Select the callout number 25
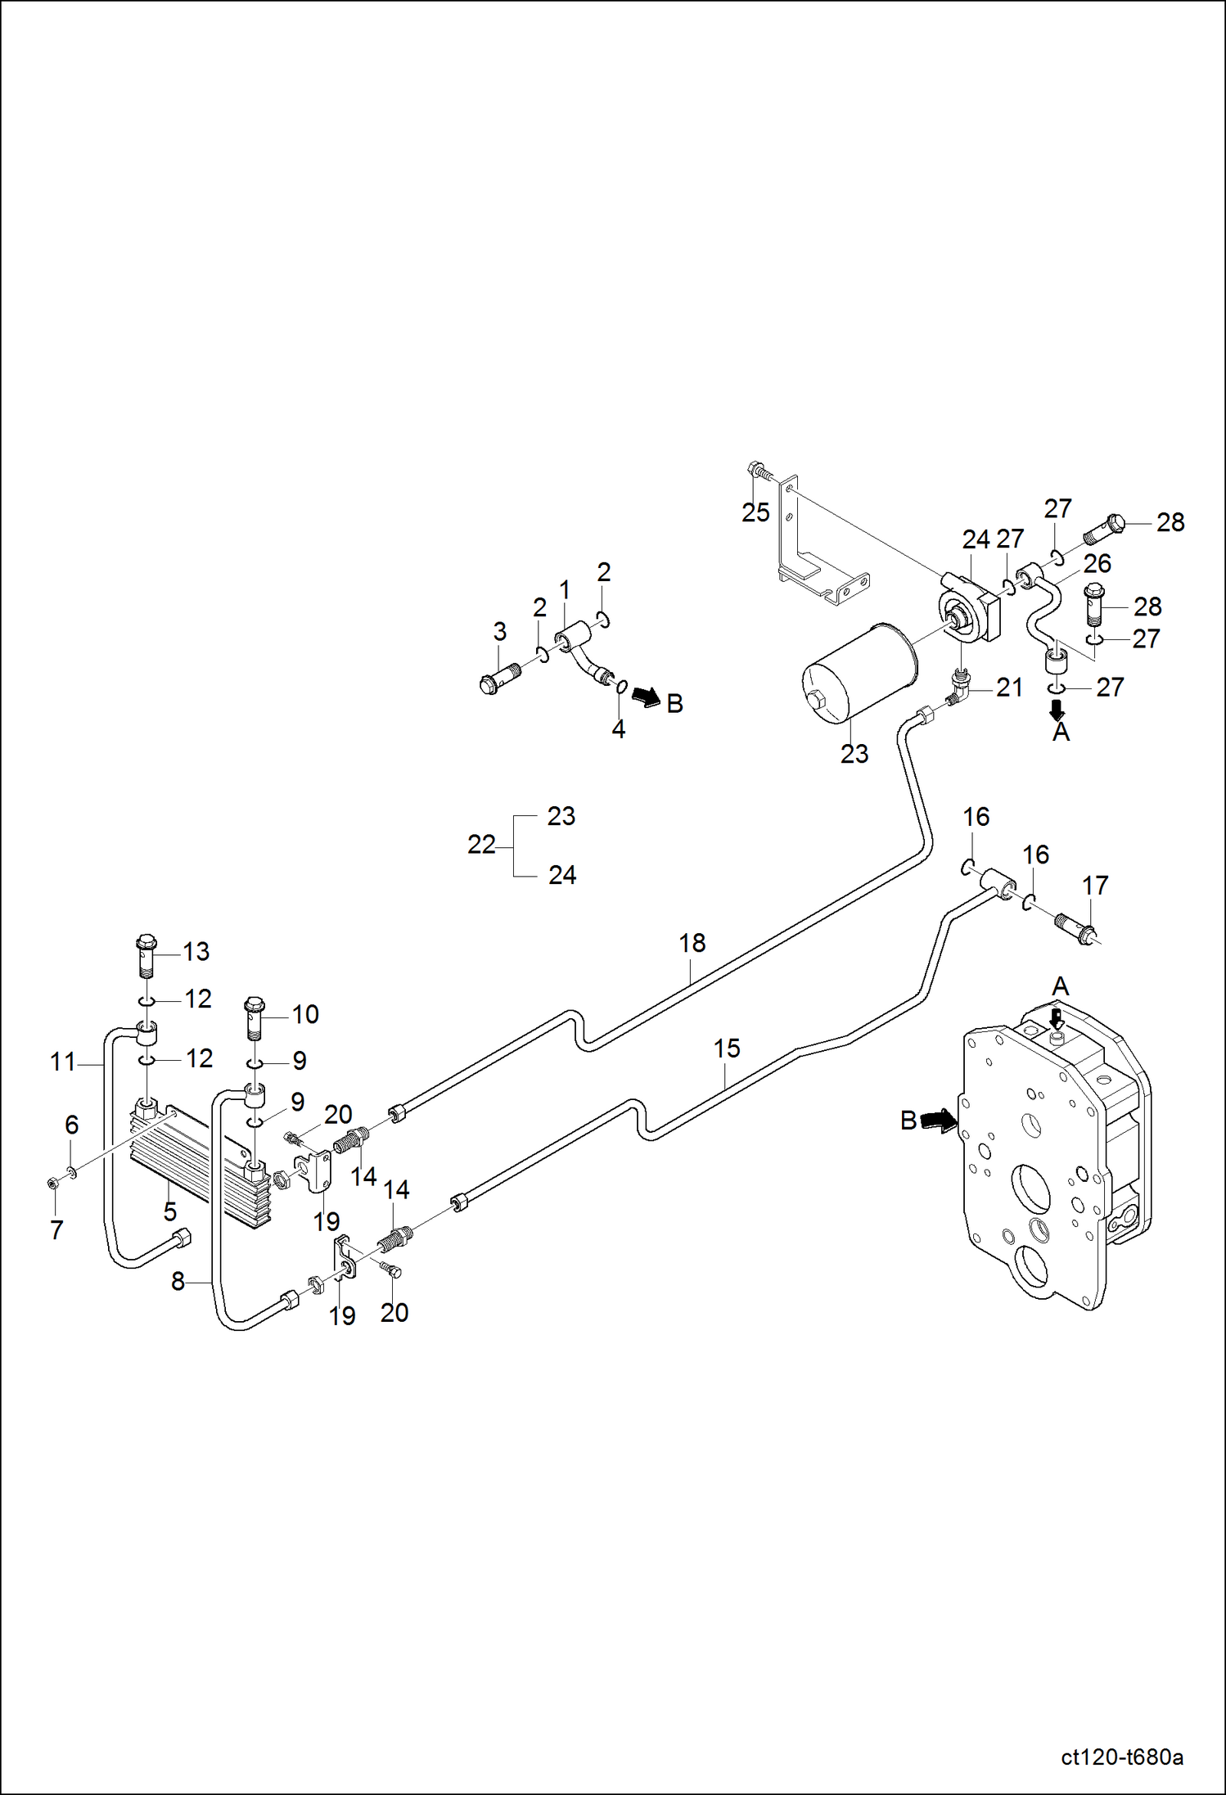755,512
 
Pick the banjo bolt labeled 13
146,953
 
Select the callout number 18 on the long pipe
692,943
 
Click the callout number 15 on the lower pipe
726,1048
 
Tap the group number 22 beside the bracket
481,845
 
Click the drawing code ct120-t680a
1121,1757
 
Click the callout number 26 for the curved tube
1097,563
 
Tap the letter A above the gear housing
1060,986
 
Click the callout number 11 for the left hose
62,1062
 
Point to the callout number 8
178,1281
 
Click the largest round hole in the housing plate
1030,1190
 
